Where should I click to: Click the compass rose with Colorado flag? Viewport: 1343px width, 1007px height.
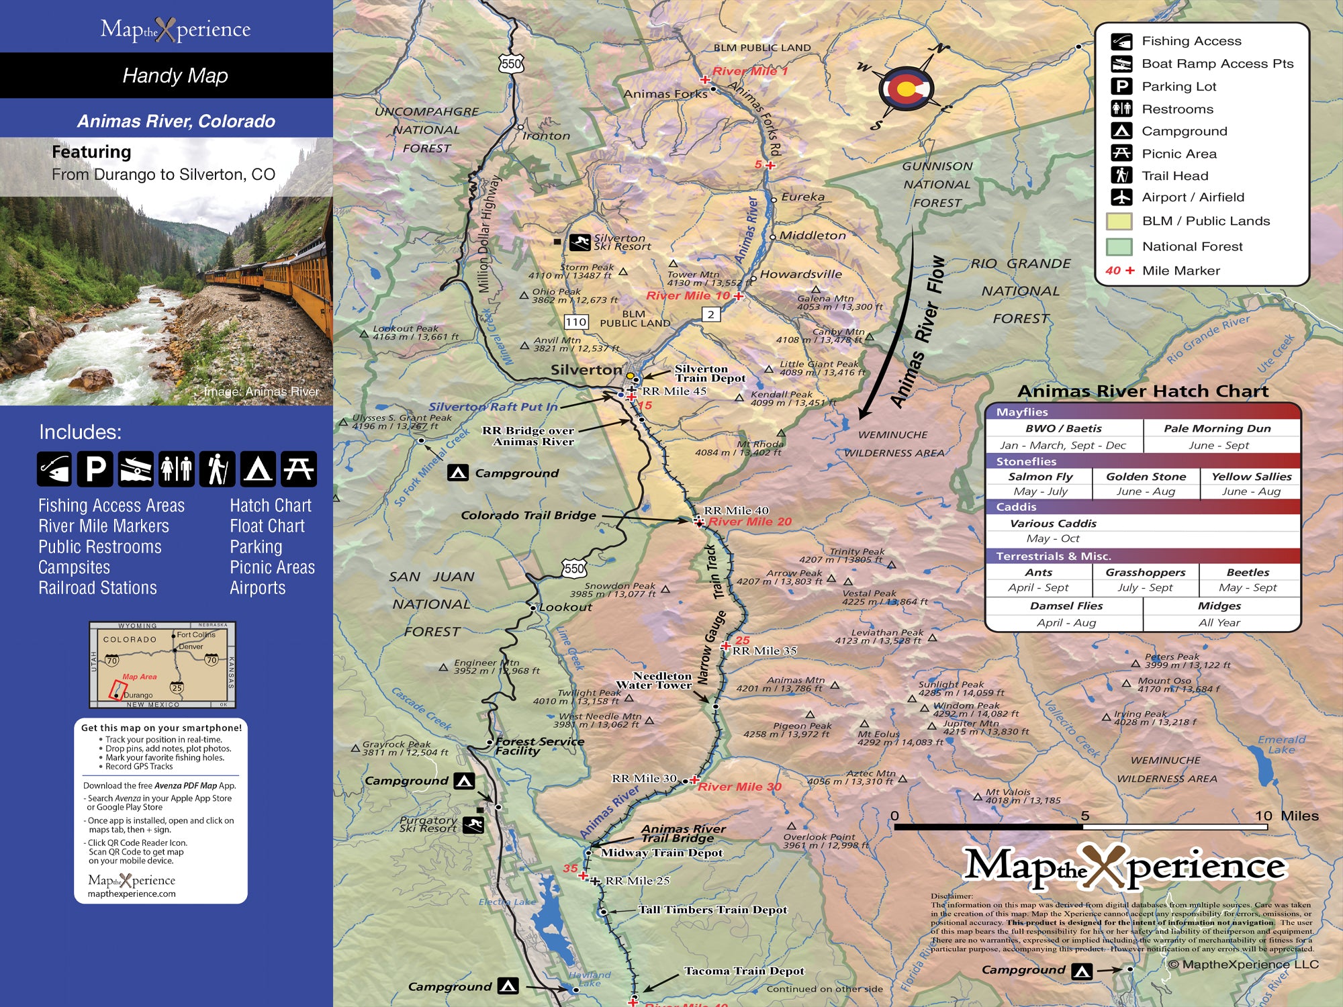pyautogui.click(x=906, y=88)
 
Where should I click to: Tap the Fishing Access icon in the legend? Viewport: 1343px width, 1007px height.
pyautogui.click(x=1121, y=42)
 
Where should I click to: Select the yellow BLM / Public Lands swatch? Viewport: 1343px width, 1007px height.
pyautogui.click(x=1119, y=222)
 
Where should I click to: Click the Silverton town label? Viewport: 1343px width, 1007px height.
pyautogui.click(x=586, y=370)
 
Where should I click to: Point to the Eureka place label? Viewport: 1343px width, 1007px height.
pyautogui.click(x=802, y=197)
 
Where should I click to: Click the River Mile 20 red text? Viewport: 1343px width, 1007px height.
pyautogui.click(x=749, y=522)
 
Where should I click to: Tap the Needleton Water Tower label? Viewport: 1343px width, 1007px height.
pyautogui.click(x=654, y=681)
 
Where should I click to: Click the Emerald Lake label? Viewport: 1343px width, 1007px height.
pyautogui.click(x=1281, y=744)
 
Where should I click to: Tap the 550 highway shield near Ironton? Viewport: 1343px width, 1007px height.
pyautogui.click(x=511, y=64)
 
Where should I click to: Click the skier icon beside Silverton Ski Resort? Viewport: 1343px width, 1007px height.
pyautogui.click(x=580, y=242)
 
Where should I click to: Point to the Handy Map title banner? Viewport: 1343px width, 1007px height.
pyautogui.click(x=175, y=75)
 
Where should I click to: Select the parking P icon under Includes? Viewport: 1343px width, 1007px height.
pyautogui.click(x=95, y=469)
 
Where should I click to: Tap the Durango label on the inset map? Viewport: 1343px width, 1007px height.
pyautogui.click(x=138, y=695)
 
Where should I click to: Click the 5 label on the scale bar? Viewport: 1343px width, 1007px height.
pyautogui.click(x=1085, y=816)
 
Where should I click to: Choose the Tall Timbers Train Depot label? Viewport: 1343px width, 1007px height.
pyautogui.click(x=712, y=910)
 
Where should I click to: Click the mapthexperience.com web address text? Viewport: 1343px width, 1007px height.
pyautogui.click(x=132, y=894)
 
